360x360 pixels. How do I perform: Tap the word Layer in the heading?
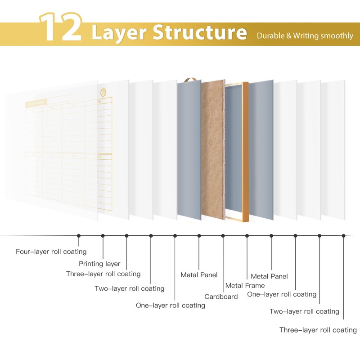click(118, 32)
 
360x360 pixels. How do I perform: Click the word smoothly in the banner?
click(337, 36)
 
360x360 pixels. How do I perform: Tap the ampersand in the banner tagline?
click(288, 36)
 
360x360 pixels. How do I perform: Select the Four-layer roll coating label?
click(51, 252)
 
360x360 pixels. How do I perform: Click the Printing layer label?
click(99, 264)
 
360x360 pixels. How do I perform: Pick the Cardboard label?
click(221, 297)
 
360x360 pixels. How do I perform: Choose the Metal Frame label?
click(245, 285)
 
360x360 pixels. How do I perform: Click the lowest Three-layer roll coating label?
click(318, 330)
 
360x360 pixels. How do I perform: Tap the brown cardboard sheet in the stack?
click(212, 148)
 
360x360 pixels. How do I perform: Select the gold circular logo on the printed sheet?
click(103, 93)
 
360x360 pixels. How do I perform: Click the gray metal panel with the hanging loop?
click(189, 148)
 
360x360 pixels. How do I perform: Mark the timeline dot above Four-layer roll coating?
click(79, 235)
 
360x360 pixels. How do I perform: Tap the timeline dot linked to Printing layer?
click(103, 235)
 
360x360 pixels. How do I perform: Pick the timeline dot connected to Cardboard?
click(223, 235)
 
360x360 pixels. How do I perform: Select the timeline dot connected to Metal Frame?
click(247, 235)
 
